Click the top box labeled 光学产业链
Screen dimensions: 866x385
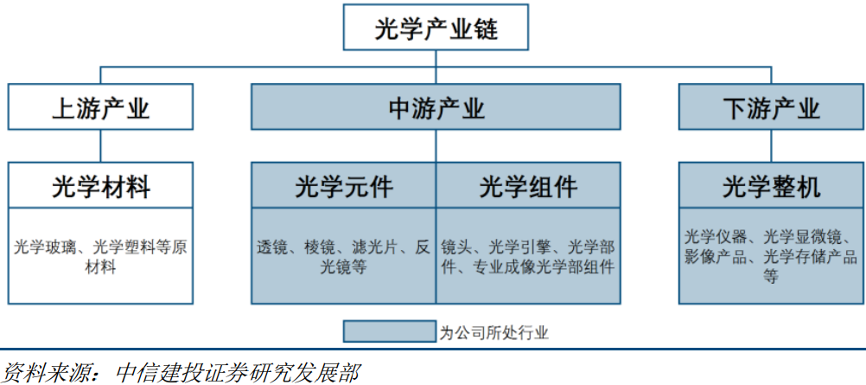(x=436, y=29)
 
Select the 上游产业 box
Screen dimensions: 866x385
(x=100, y=107)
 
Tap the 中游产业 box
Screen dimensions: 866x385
(x=436, y=107)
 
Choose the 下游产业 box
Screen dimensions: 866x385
(x=770, y=107)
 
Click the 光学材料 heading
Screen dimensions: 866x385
(x=100, y=186)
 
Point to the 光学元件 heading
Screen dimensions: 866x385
(x=344, y=186)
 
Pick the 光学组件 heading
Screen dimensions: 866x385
(x=528, y=186)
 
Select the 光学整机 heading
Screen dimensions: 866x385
(x=770, y=186)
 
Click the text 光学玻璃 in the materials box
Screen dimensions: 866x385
(x=42, y=247)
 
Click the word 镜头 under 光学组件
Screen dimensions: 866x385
(x=455, y=247)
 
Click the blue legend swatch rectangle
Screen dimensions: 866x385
(x=389, y=331)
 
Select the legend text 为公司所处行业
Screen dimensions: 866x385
(x=493, y=332)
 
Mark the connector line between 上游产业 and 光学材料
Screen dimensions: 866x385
(x=100, y=145)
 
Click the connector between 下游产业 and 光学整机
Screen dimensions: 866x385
(x=770, y=145)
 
